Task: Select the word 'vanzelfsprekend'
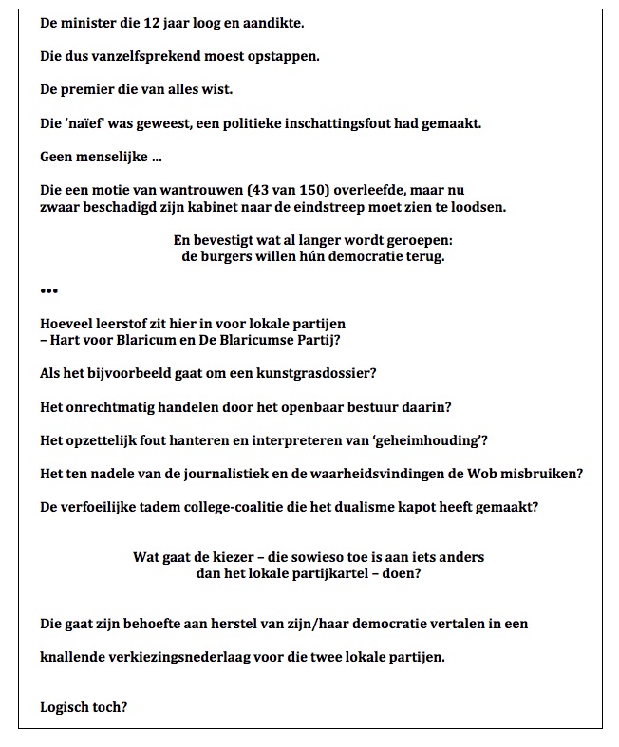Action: [146, 55]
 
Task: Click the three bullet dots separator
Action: [49, 290]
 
